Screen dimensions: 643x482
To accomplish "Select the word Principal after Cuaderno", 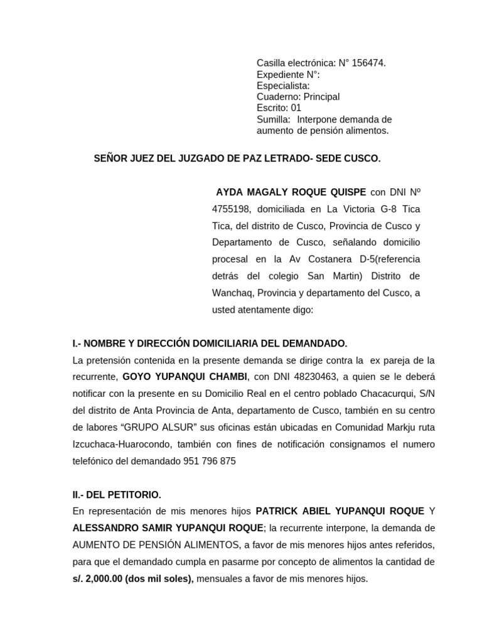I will [321, 97].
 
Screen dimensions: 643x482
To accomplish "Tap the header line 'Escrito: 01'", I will [279, 108].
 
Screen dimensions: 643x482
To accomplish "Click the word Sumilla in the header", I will [273, 119].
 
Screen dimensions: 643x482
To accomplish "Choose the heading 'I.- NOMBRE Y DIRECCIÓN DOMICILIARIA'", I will [210, 343].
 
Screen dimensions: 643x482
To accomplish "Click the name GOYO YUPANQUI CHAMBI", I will [185, 377].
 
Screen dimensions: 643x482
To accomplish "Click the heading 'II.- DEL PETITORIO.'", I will [117, 495].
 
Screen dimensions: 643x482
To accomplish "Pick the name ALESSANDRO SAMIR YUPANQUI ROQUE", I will [159, 528].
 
